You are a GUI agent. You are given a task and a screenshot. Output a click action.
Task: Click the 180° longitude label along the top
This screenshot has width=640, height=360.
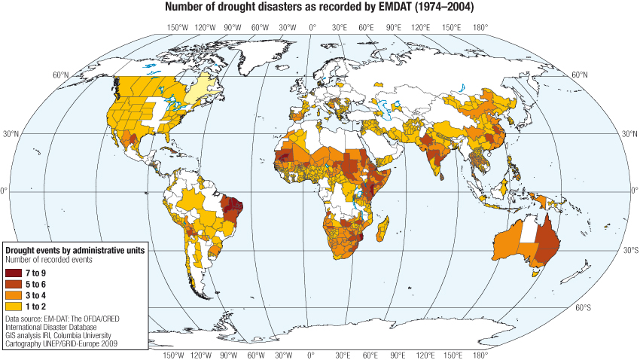(479, 27)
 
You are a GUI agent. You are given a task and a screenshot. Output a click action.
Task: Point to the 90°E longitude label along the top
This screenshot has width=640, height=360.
(394, 27)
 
